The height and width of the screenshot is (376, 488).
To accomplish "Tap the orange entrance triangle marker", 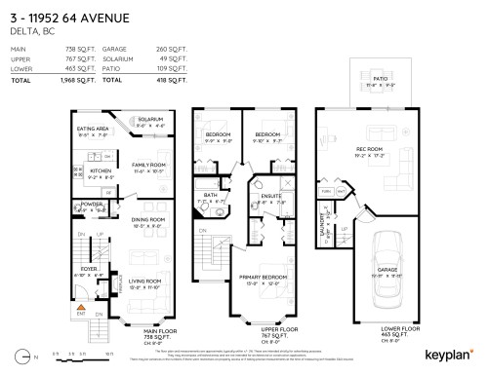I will click(82, 306).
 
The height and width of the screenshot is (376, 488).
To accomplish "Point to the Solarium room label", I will click(149, 119).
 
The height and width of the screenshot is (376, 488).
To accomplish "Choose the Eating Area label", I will click(94, 129).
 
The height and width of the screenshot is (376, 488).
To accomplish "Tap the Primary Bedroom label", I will click(259, 280).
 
